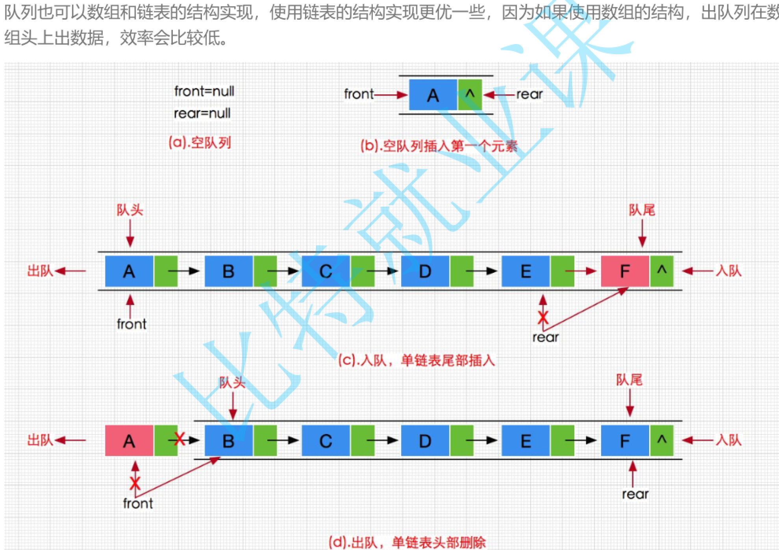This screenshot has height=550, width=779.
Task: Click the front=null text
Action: [204, 91]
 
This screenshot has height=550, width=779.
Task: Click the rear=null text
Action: [202, 113]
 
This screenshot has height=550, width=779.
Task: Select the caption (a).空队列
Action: [200, 142]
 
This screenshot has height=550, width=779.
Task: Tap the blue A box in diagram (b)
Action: [433, 95]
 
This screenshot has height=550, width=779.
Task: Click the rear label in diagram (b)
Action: [529, 94]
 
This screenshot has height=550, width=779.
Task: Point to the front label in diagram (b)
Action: [359, 94]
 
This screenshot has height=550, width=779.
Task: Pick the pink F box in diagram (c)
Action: [625, 271]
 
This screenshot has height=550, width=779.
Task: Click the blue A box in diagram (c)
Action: [129, 271]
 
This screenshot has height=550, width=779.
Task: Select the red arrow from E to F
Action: [581, 271]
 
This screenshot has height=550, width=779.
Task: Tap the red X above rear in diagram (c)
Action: [543, 317]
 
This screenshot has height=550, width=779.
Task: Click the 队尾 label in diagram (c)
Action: [642, 210]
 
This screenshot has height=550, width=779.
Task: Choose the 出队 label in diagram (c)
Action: [40, 270]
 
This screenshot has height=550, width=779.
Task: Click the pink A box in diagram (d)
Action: [129, 441]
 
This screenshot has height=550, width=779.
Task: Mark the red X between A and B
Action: [179, 439]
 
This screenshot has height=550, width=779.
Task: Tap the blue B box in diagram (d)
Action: [229, 441]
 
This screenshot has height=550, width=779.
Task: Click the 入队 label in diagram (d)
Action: [729, 440]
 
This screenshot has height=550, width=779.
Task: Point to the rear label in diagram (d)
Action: [635, 494]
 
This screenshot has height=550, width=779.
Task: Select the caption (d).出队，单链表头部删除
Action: [407, 543]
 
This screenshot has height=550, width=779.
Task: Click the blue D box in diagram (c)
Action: [425, 271]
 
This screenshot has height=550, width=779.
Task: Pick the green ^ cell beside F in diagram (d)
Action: [662, 441]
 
